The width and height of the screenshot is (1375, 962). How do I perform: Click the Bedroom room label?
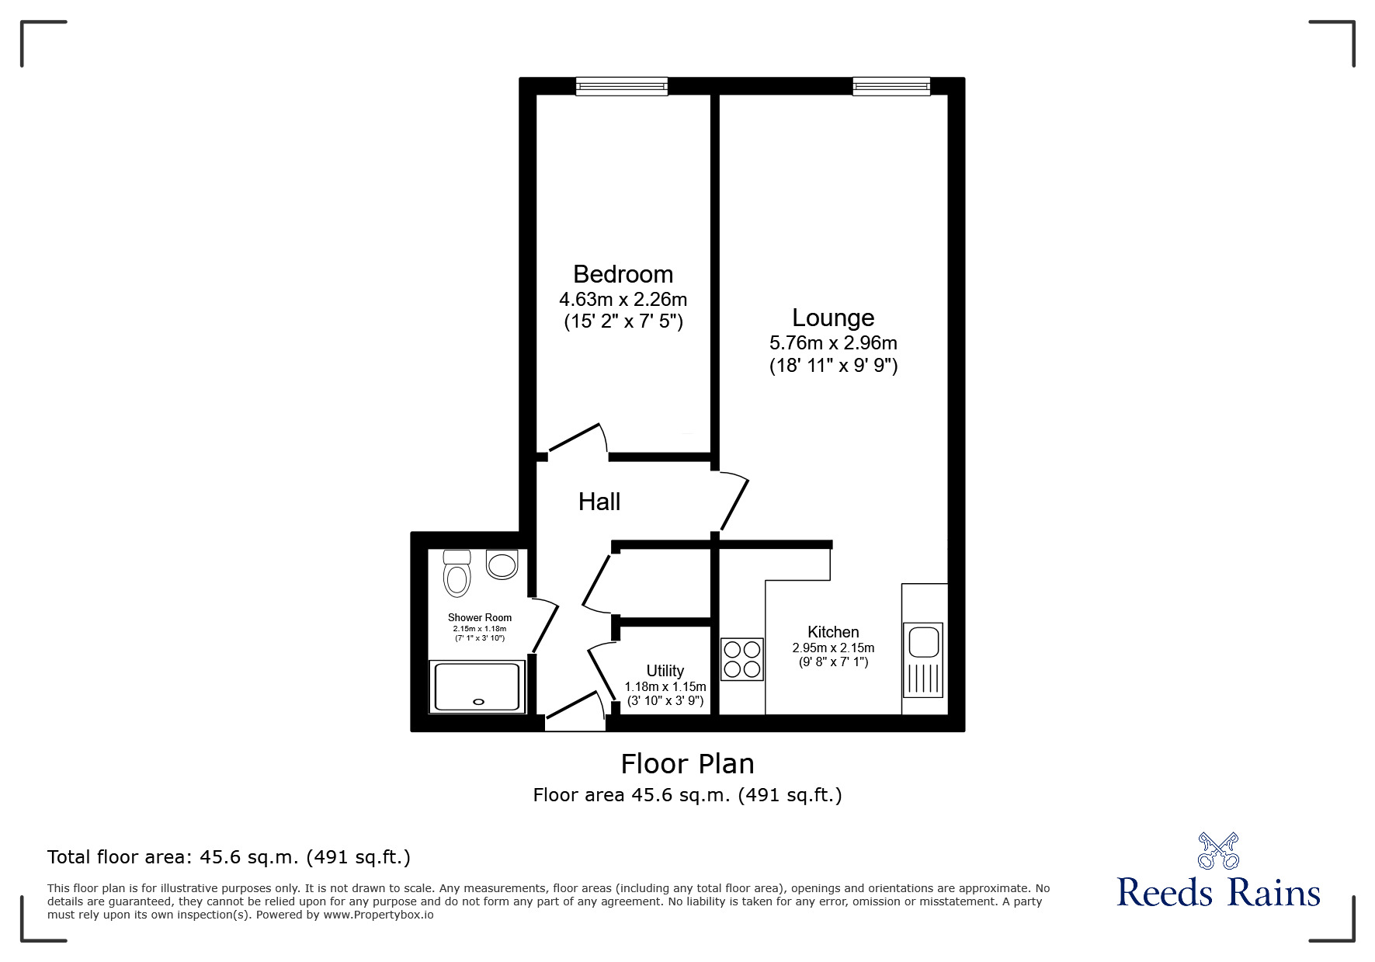pyautogui.click(x=623, y=274)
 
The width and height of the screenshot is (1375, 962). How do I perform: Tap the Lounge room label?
pyautogui.click(x=833, y=318)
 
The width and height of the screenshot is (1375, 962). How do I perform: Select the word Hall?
pyautogui.click(x=599, y=502)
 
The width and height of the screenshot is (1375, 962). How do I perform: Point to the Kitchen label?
pyautogui.click(x=833, y=632)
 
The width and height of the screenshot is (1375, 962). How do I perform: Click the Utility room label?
pyautogui.click(x=665, y=671)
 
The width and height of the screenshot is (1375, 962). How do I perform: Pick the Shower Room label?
pyautogui.click(x=480, y=618)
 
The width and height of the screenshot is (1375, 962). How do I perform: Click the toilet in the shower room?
pyautogui.click(x=457, y=572)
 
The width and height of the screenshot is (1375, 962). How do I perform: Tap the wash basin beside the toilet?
pyautogui.click(x=502, y=564)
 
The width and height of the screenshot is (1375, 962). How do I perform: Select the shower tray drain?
pyautogui.click(x=478, y=702)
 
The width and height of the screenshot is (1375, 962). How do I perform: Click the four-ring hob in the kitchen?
pyautogui.click(x=742, y=659)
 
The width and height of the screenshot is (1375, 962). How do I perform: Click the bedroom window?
pyautogui.click(x=622, y=86)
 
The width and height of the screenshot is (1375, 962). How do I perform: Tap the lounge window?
pyautogui.click(x=891, y=86)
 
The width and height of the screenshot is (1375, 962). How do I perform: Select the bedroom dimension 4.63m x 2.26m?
pyautogui.click(x=623, y=299)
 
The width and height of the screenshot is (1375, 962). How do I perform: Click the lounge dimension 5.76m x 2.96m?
pyautogui.click(x=833, y=342)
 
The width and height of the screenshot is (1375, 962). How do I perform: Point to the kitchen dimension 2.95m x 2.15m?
pyautogui.click(x=833, y=648)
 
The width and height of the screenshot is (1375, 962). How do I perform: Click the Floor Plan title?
pyautogui.click(x=687, y=764)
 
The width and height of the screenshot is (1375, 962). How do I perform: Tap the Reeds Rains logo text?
pyautogui.click(x=1219, y=893)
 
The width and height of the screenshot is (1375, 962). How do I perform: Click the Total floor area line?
pyautogui.click(x=229, y=857)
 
